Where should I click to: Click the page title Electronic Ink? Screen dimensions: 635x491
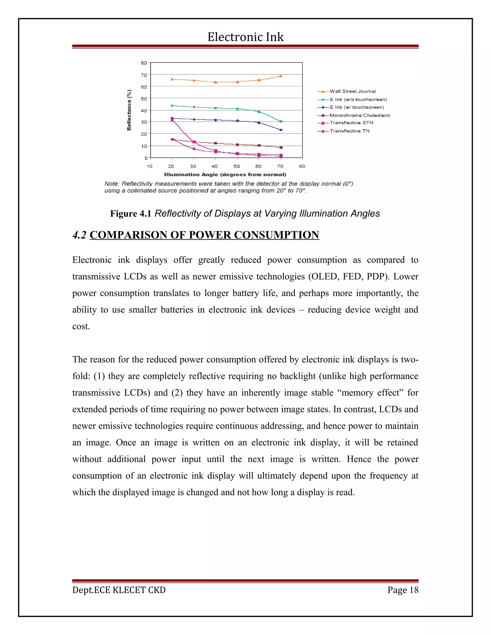(x=245, y=37)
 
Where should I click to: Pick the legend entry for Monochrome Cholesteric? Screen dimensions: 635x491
(x=360, y=115)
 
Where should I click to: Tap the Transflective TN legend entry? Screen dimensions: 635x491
(x=349, y=131)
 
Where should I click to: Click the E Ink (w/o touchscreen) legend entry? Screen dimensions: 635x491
(x=358, y=99)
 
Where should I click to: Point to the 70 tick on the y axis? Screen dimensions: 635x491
(x=144, y=75)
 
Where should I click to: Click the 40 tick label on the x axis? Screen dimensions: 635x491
(x=215, y=166)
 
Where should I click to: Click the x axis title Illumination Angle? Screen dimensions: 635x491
(x=225, y=175)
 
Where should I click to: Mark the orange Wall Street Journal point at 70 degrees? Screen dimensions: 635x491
(x=281, y=76)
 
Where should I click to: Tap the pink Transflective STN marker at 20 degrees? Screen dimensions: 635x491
(x=172, y=120)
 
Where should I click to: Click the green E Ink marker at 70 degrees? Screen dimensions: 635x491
(x=281, y=121)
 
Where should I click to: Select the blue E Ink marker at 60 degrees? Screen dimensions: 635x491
(x=259, y=123)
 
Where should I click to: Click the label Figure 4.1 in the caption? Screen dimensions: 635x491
(x=131, y=214)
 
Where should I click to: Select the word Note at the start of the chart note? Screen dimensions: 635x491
(x=111, y=184)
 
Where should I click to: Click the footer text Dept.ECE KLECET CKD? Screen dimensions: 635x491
(x=119, y=590)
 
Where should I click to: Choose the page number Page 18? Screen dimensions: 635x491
(x=403, y=590)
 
